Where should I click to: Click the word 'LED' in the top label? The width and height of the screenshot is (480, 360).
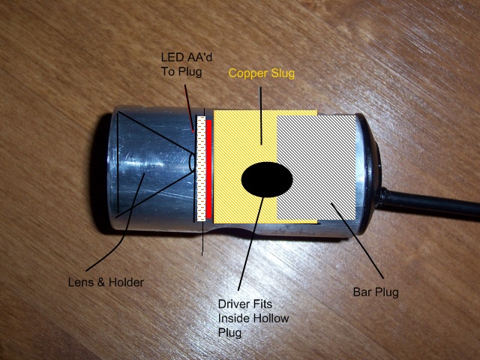coord(171,57)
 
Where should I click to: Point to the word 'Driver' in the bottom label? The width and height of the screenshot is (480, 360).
coord(232,304)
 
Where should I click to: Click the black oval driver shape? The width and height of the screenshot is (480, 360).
coord(267,180)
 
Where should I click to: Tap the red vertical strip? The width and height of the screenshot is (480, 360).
coord(209,169)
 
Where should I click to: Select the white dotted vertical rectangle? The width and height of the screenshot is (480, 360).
coord(200,169)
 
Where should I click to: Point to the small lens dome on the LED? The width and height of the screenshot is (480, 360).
coord(192,161)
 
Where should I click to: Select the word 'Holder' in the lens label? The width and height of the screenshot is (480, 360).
coord(125,282)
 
